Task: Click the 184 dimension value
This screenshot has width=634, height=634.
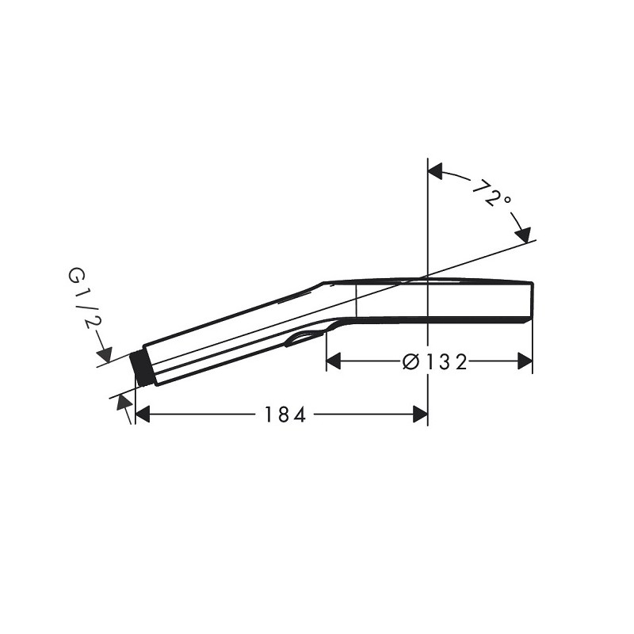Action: click(285, 414)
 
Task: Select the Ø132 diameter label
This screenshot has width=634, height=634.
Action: click(435, 361)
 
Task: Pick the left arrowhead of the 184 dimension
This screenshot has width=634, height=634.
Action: click(143, 414)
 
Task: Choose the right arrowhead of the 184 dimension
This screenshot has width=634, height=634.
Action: click(420, 414)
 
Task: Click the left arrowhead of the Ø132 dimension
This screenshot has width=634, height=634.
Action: click(334, 361)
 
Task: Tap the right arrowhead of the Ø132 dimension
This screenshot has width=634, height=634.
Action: click(525, 361)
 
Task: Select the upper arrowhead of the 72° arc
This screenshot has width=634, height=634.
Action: click(435, 171)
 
